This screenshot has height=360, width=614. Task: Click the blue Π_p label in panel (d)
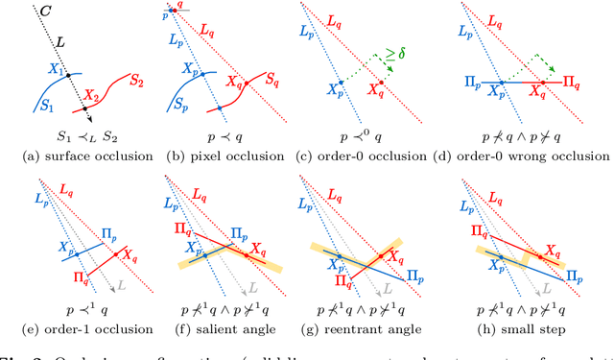click(x=474, y=84)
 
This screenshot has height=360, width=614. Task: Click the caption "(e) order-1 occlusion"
click(x=80, y=328)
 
